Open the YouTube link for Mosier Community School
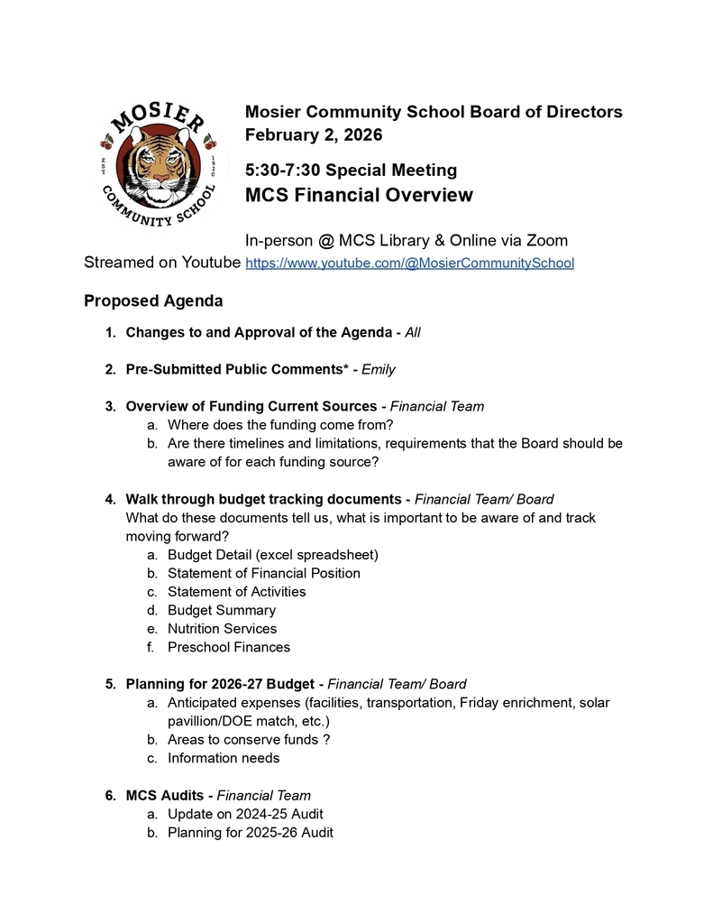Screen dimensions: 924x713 coord(409,263)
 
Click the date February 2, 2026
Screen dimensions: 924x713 coord(314,135)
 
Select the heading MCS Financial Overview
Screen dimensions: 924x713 coord(359,195)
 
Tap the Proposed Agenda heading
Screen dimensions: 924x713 coord(153,300)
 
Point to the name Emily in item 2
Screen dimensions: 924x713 coord(378,369)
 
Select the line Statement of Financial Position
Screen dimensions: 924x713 coord(263,573)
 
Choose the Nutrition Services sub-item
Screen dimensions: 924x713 coord(222,628)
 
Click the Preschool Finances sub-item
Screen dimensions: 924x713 coord(228,647)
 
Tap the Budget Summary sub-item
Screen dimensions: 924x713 coord(221,610)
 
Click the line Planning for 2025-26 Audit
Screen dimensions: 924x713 coord(250,832)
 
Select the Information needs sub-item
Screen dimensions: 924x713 coord(223,758)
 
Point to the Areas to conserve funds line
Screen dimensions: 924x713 coord(248,740)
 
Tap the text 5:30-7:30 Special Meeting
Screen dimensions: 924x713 coord(351,171)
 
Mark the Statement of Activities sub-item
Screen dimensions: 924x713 coord(236,592)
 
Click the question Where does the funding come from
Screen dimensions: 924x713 coord(280,424)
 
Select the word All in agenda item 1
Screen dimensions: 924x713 coord(412,332)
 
